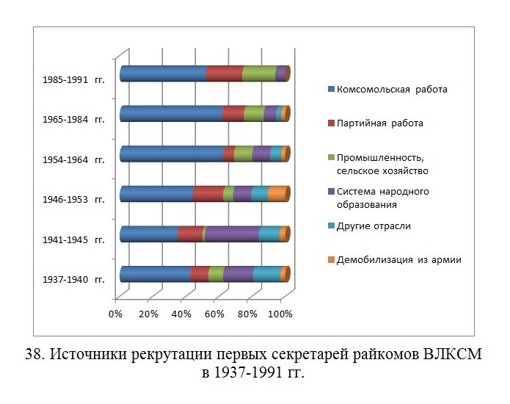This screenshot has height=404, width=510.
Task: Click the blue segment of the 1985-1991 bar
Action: pyautogui.click(x=163, y=73)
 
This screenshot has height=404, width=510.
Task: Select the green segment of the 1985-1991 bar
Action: pyautogui.click(x=259, y=73)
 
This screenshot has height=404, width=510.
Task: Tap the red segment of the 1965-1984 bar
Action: pyautogui.click(x=233, y=113)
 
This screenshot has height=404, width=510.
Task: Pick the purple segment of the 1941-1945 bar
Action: pyautogui.click(x=233, y=234)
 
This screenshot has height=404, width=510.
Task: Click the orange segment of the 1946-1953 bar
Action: pyautogui.click(x=277, y=193)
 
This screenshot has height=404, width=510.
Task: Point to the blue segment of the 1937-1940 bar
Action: pyautogui.click(x=155, y=274)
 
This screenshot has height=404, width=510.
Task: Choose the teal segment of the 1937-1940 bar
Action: pyautogui.click(x=267, y=274)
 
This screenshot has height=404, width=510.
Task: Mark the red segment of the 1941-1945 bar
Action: pyautogui.click(x=190, y=234)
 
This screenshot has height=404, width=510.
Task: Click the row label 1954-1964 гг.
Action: pyautogui.click(x=73, y=159)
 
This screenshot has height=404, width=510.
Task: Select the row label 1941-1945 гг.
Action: pyautogui.click(x=73, y=239)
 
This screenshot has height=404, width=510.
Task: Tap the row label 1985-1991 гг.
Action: pyautogui.click(x=73, y=79)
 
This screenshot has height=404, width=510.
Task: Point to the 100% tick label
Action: pyautogui.click(x=281, y=314)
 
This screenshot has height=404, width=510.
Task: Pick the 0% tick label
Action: pyautogui.click(x=115, y=314)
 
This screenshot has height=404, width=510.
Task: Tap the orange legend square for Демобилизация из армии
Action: pyautogui.click(x=330, y=259)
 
